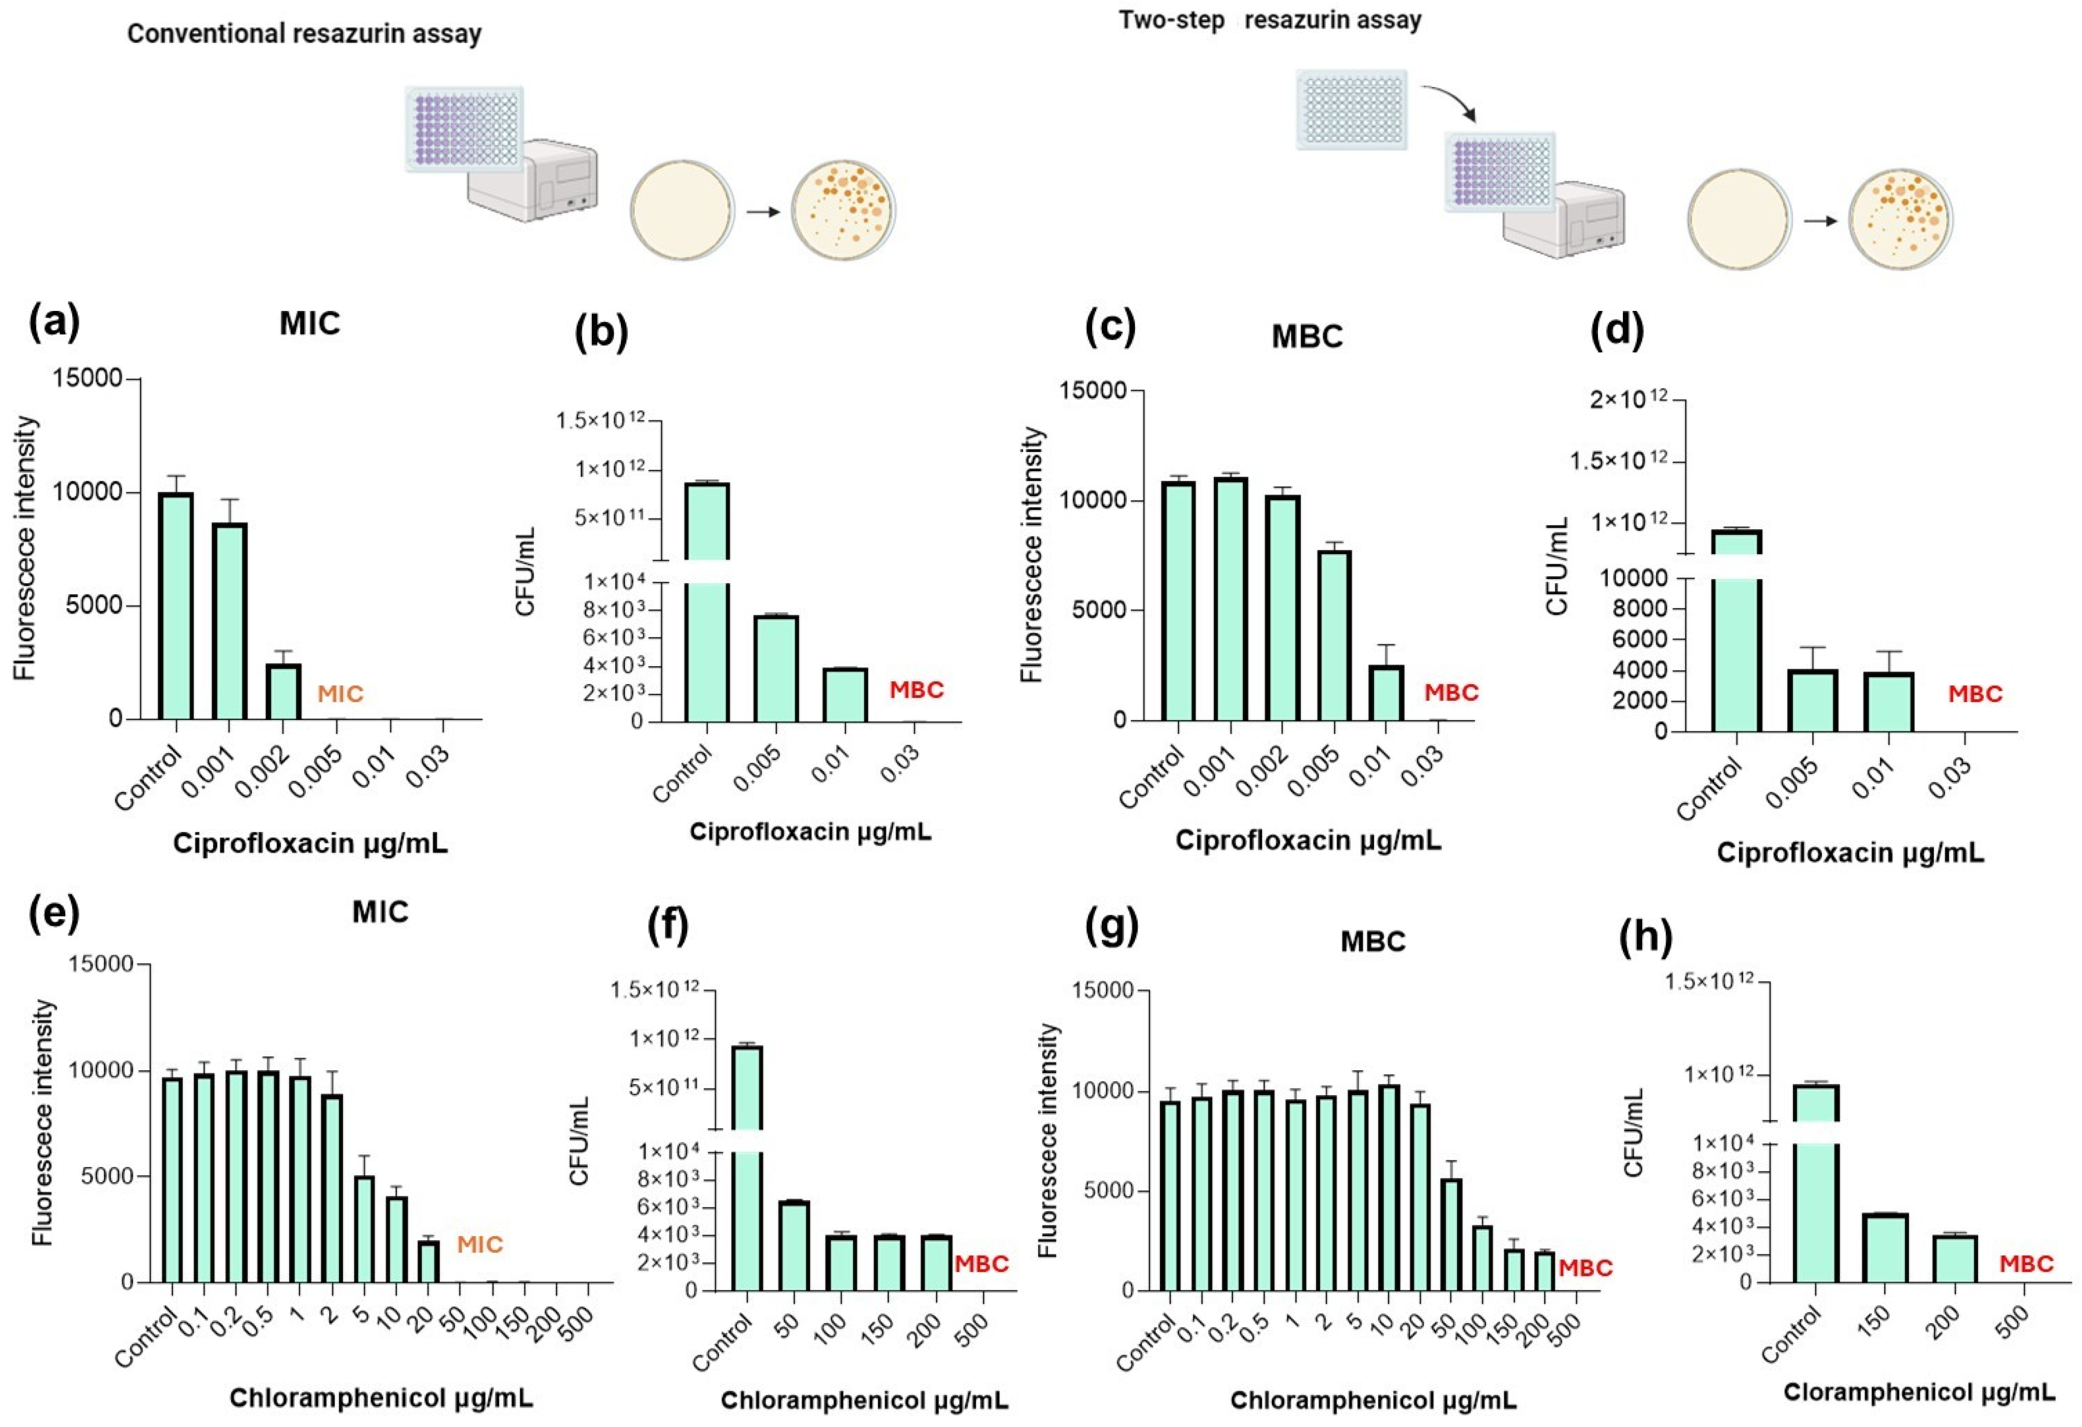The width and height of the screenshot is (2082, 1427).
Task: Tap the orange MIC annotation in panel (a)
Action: click(340, 694)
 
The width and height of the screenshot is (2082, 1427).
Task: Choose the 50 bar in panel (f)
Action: click(794, 1246)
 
